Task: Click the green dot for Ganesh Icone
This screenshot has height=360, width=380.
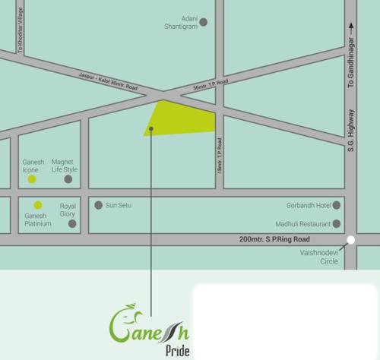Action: (31, 180)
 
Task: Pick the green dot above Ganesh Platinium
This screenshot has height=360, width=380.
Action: (36, 205)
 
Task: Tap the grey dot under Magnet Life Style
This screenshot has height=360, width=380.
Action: (68, 180)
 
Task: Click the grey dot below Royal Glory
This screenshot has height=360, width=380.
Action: (72, 224)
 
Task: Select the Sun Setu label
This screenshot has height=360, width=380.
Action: (121, 205)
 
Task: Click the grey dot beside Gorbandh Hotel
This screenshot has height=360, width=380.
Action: (337, 205)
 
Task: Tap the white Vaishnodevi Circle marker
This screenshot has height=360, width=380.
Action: (350, 241)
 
